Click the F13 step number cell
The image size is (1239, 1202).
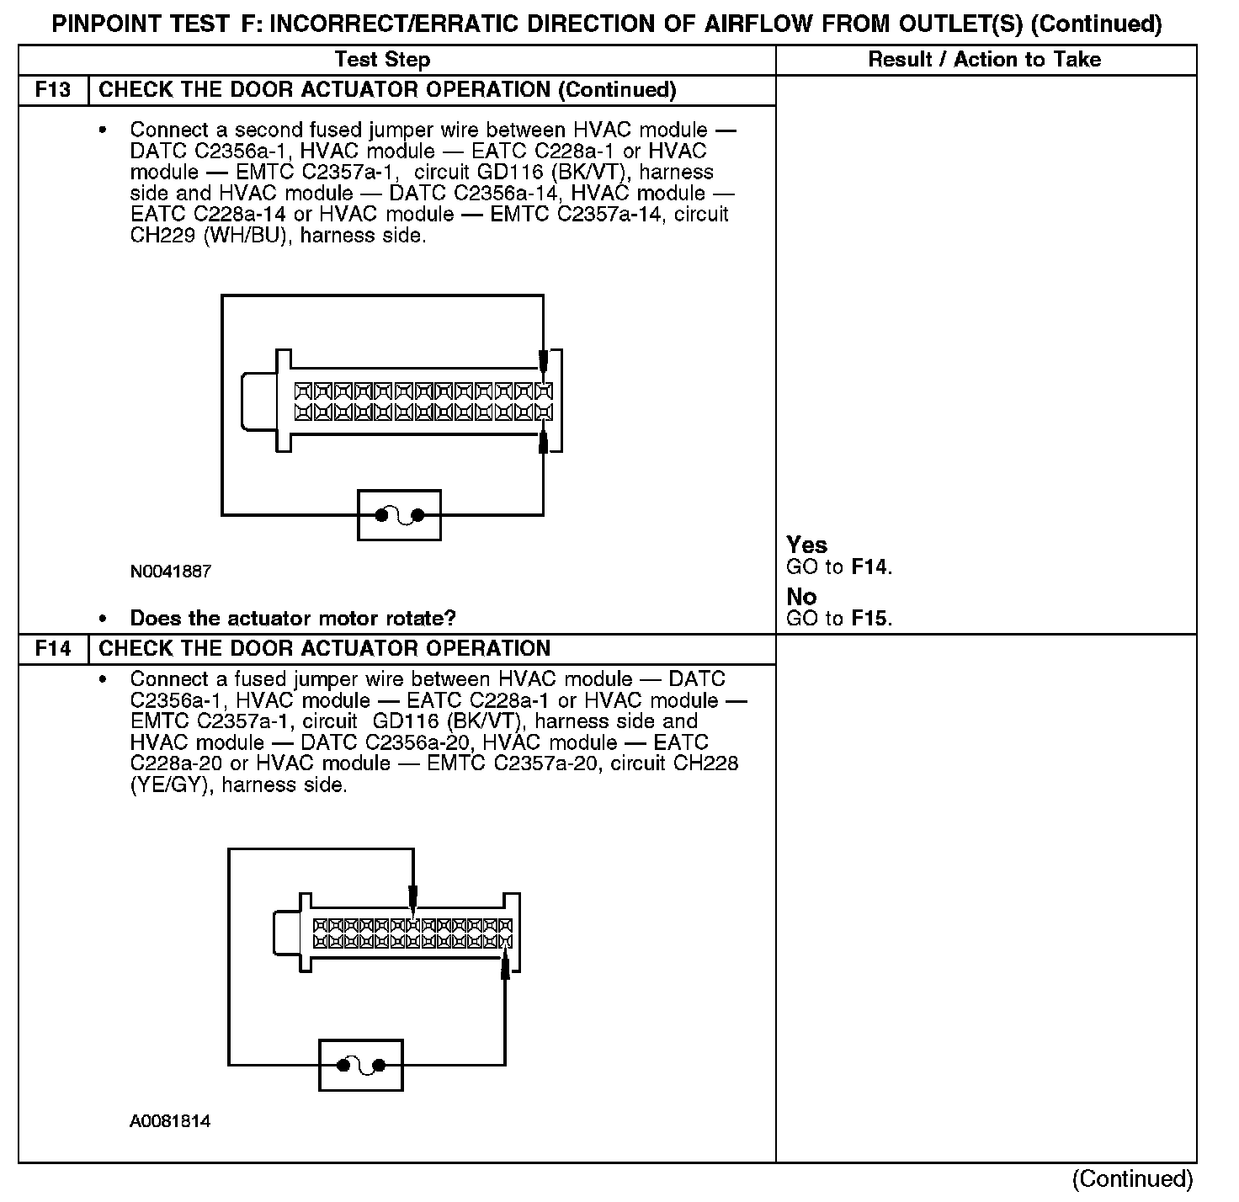point(53,90)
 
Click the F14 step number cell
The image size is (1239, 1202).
point(53,649)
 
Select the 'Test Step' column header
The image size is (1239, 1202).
point(382,60)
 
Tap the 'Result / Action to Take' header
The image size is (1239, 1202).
point(984,60)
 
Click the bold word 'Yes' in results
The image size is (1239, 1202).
point(806,545)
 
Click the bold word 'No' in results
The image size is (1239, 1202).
point(801,597)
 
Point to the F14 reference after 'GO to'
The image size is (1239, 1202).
point(869,567)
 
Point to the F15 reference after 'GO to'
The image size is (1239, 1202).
point(869,619)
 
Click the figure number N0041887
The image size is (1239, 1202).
point(170,572)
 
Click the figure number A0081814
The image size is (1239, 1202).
point(170,1122)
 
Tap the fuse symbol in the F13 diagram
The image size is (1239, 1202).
point(399,515)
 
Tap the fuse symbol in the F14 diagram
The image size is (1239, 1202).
point(361,1066)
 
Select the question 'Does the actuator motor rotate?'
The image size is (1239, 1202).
point(293,620)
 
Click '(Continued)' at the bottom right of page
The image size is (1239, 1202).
point(1132,1179)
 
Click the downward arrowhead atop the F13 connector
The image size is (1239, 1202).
point(544,362)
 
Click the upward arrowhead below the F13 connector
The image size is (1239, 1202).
point(544,441)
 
